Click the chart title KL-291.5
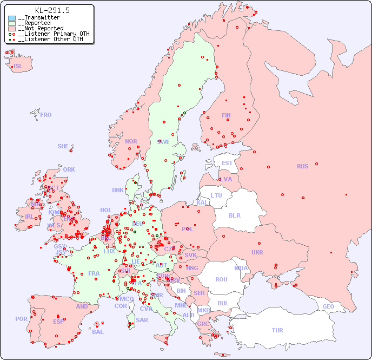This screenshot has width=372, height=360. pyautogui.click(x=52, y=10)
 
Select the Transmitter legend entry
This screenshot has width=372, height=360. pyautogui.click(x=41, y=18)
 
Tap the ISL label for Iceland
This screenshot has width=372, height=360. pyautogui.click(x=18, y=67)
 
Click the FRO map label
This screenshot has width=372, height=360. pyautogui.click(x=46, y=115)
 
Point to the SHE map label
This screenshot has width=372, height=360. pyautogui.click(x=63, y=146)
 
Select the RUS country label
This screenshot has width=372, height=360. pyautogui.click(x=302, y=166)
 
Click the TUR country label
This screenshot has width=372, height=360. pyautogui.click(x=277, y=330)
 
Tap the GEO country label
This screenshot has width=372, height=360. pyautogui.click(x=328, y=306)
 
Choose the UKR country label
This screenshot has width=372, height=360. pyautogui.click(x=257, y=252)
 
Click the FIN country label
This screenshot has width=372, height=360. pyautogui.click(x=226, y=115)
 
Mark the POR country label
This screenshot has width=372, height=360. pyautogui.click(x=21, y=319)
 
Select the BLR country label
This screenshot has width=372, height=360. pyautogui.click(x=235, y=215)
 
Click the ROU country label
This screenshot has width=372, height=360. pyautogui.click(x=221, y=279)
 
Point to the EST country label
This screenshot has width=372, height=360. pyautogui.click(x=227, y=163)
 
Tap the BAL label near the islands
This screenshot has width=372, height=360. pyautogui.click(x=98, y=332)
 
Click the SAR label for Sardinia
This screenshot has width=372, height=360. pyautogui.click(x=142, y=320)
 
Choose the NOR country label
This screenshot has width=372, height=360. pyautogui.click(x=131, y=141)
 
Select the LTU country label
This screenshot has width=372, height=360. pyautogui.click(x=216, y=195)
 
